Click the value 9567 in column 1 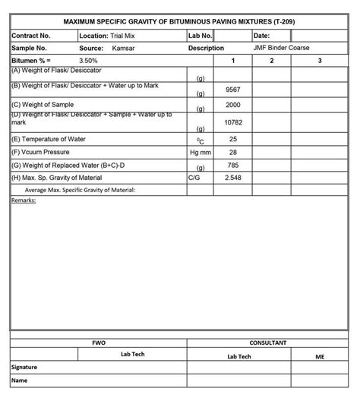[x=233, y=90]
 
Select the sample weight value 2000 [x=233, y=105]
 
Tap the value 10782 [x=233, y=122]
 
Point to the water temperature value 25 [x=233, y=139]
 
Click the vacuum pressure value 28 [x=233, y=152]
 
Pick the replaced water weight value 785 [x=233, y=165]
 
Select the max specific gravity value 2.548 [x=233, y=177]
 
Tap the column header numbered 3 [x=320, y=59]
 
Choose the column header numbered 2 [x=271, y=59]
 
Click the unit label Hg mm [x=201, y=152]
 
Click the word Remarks [x=25, y=200]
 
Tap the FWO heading [x=99, y=343]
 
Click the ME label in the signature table [x=319, y=355]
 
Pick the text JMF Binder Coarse [x=282, y=47]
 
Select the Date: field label [x=261, y=35]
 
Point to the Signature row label [x=25, y=368]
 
